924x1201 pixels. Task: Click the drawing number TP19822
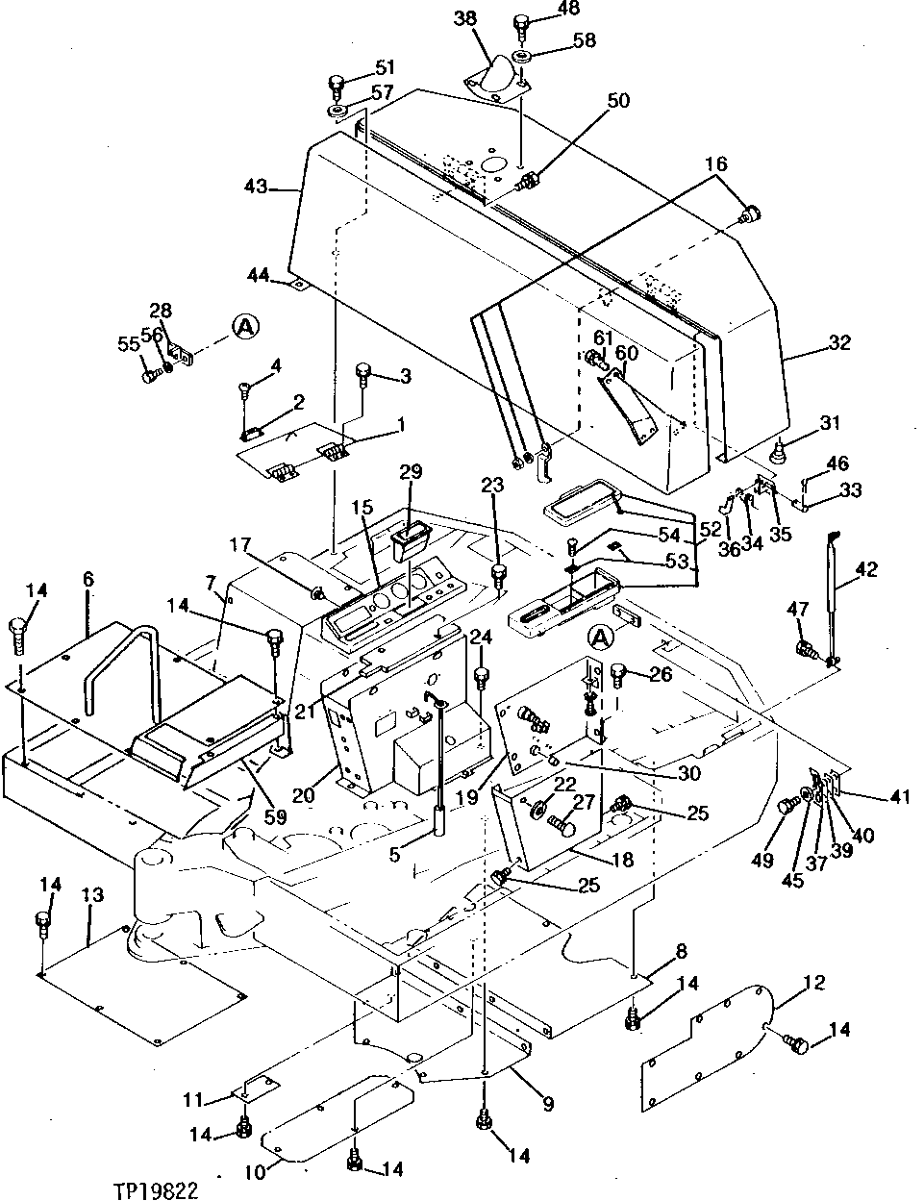158,1189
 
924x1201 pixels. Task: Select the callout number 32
839,341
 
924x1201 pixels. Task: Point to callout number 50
618,101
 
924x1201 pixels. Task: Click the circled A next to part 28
245,328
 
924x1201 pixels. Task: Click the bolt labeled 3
363,371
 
